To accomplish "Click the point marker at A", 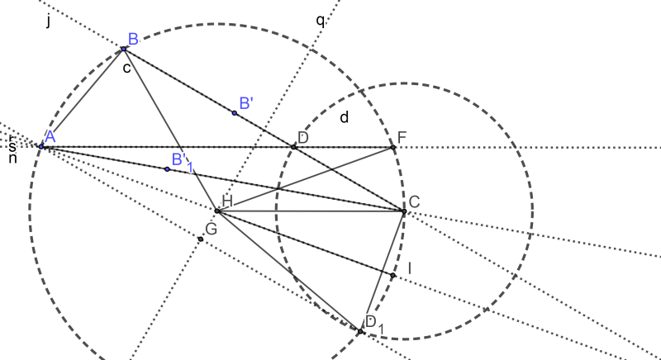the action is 41,146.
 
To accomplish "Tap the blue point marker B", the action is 124,49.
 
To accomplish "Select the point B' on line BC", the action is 235,112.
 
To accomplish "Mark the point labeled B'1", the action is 167,168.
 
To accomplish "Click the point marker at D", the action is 293,146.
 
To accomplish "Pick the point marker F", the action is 393,147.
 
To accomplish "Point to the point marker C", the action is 404,211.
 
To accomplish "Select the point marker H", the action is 216,211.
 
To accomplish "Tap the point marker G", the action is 201,239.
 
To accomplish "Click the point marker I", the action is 393,275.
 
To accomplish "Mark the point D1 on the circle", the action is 361,332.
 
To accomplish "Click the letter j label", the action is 49,21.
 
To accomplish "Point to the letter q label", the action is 321,21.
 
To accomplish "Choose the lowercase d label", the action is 345,117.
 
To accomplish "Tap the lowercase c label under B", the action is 126,68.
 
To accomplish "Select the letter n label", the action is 12,157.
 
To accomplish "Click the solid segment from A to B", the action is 83,97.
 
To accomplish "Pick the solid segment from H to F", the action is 305,179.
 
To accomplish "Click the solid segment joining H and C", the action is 310,211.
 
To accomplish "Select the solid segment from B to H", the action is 170,130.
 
